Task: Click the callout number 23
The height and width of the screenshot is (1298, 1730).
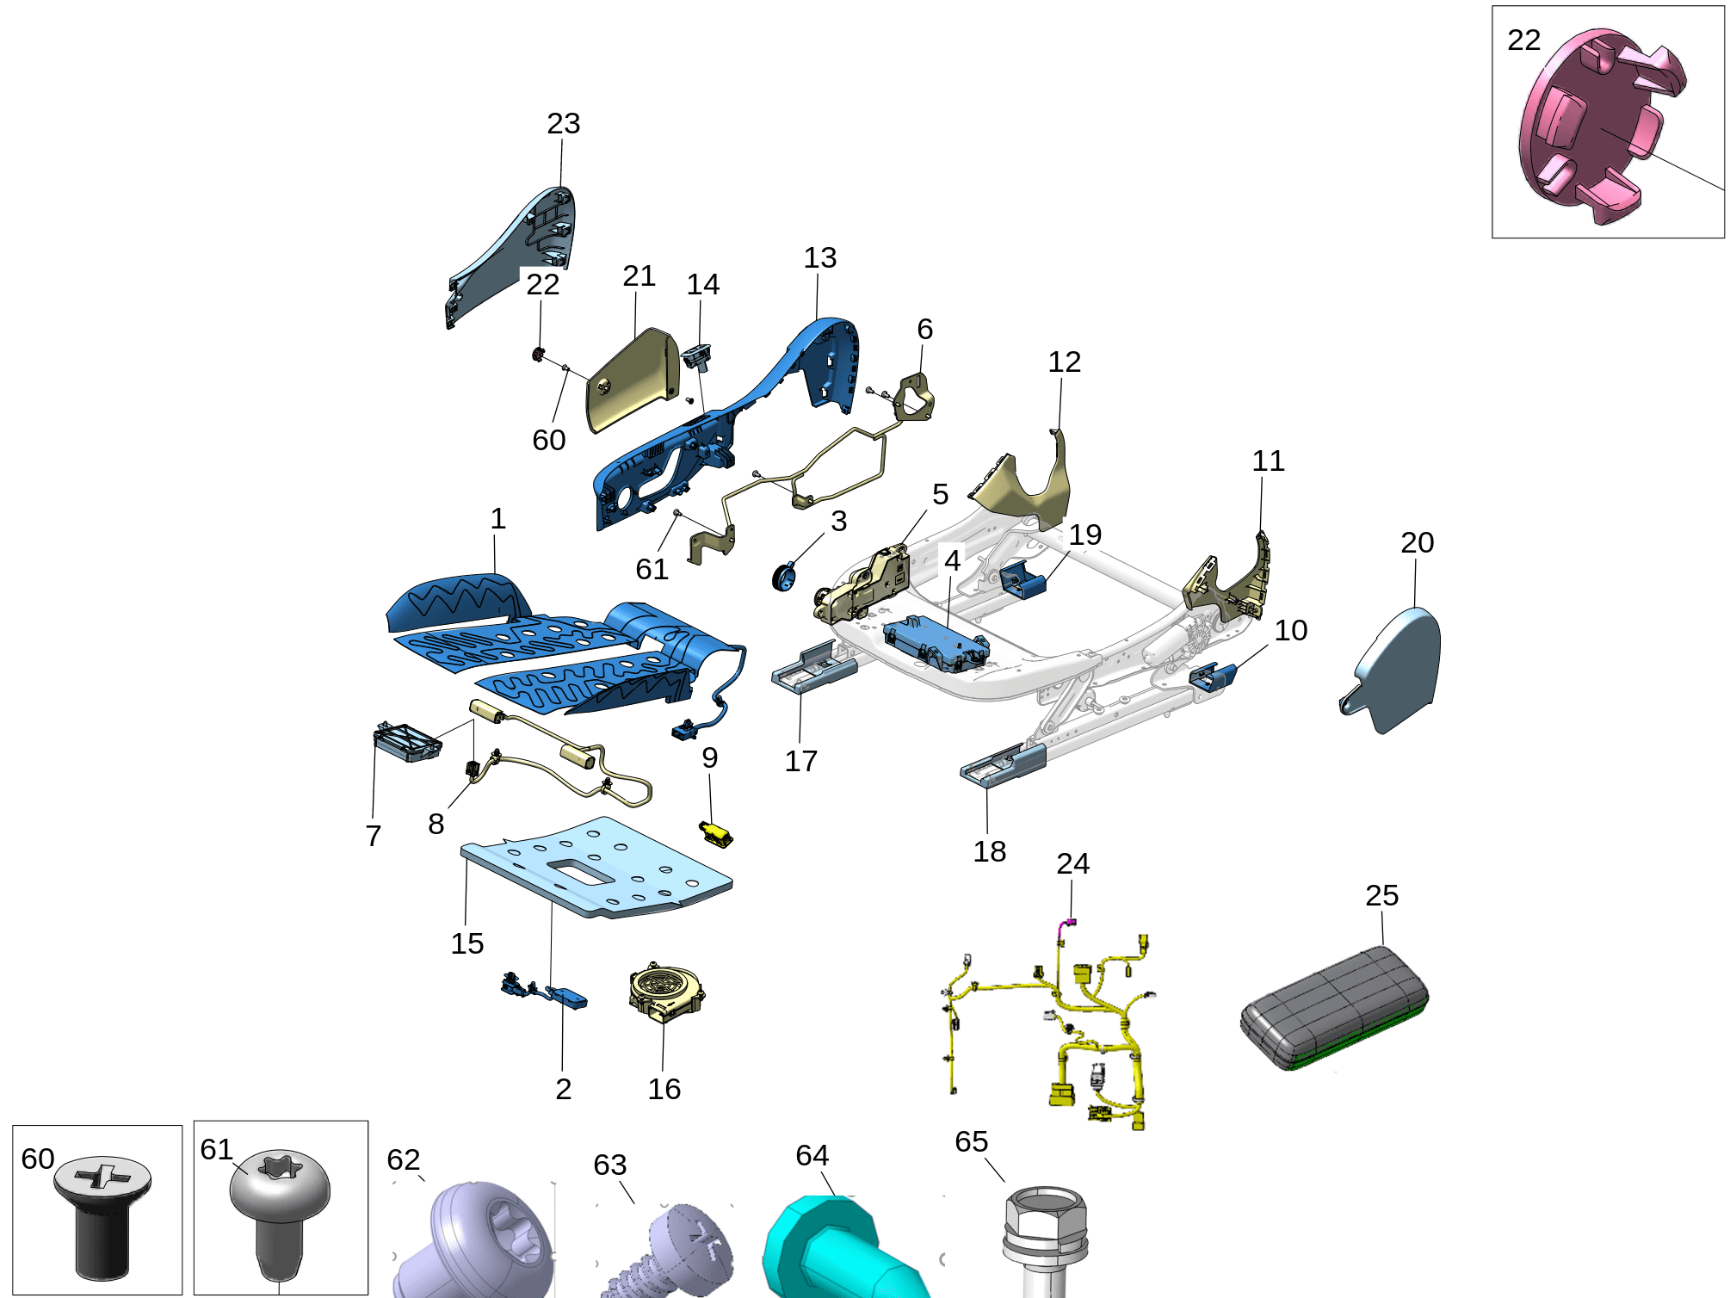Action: coord(564,123)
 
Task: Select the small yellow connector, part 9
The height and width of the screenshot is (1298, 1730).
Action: coord(716,833)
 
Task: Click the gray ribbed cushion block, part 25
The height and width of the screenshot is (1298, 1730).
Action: coord(1334,1007)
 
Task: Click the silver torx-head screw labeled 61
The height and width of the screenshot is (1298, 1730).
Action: coord(280,1214)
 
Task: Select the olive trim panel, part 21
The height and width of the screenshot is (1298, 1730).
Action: coord(633,380)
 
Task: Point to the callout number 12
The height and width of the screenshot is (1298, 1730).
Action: coord(1064,362)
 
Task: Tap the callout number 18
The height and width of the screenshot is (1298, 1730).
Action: coord(990,851)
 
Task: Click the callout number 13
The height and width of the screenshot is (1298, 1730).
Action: coord(820,257)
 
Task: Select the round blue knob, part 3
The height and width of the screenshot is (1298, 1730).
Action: coord(784,576)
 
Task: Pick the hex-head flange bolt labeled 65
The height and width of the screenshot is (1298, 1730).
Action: coord(1045,1239)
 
